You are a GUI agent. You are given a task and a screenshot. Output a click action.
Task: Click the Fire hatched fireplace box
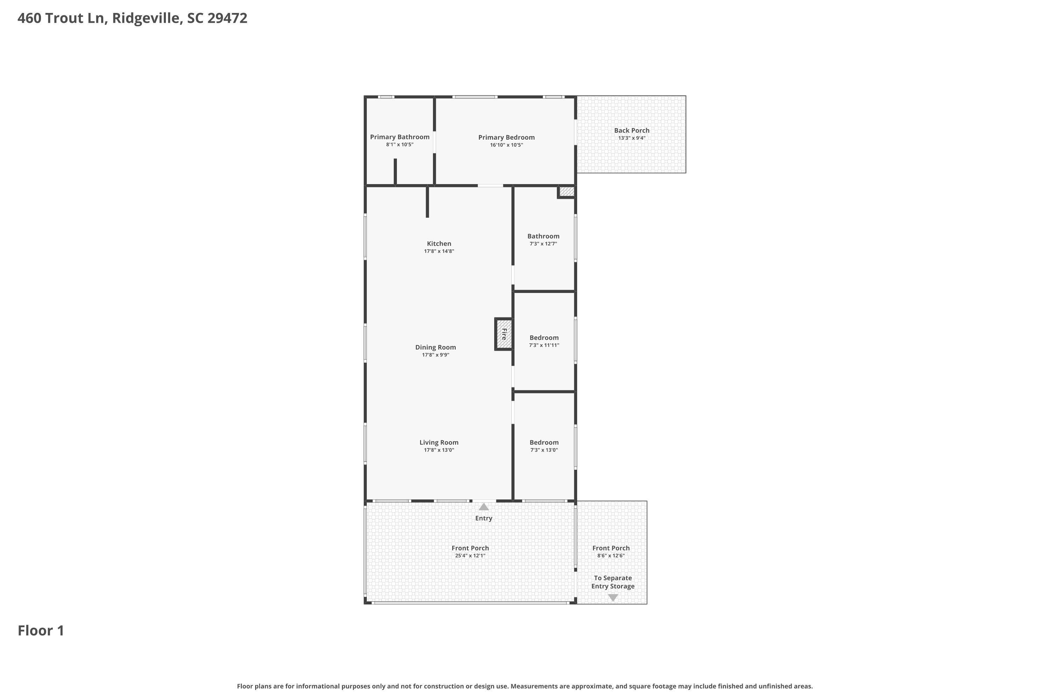(x=504, y=334)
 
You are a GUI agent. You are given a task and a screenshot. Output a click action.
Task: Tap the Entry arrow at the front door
(x=483, y=507)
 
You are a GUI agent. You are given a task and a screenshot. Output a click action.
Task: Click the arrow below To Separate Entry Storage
(x=613, y=598)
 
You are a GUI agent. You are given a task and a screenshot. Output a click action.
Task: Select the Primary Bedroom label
(x=506, y=138)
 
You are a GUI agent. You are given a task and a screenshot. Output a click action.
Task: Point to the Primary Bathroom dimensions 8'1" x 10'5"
(x=400, y=145)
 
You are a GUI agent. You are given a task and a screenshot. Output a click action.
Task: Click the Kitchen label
(x=439, y=244)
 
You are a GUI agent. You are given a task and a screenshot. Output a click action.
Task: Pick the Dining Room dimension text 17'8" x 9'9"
(x=435, y=355)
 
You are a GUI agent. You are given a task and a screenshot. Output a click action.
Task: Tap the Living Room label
(x=439, y=442)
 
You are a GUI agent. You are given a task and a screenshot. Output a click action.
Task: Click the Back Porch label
(x=632, y=130)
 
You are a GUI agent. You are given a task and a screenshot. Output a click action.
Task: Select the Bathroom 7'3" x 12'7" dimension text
(x=543, y=244)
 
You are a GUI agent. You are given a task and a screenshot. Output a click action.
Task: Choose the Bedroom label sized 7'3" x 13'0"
(x=544, y=442)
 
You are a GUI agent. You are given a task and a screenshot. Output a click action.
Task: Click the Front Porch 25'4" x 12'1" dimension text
(x=470, y=556)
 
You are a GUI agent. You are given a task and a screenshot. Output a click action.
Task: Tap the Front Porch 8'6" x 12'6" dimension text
(x=611, y=556)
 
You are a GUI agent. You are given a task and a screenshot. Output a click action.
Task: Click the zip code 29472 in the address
(x=227, y=18)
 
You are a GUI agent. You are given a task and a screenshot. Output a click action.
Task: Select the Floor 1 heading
(x=41, y=631)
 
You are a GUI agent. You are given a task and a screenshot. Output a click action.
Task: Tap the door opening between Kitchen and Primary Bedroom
(x=490, y=186)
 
